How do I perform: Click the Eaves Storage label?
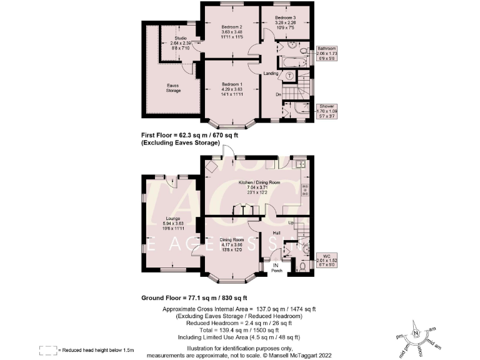(174, 88)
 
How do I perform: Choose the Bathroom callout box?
(326, 53)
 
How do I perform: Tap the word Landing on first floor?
(271, 74)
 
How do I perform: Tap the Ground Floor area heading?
(194, 297)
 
